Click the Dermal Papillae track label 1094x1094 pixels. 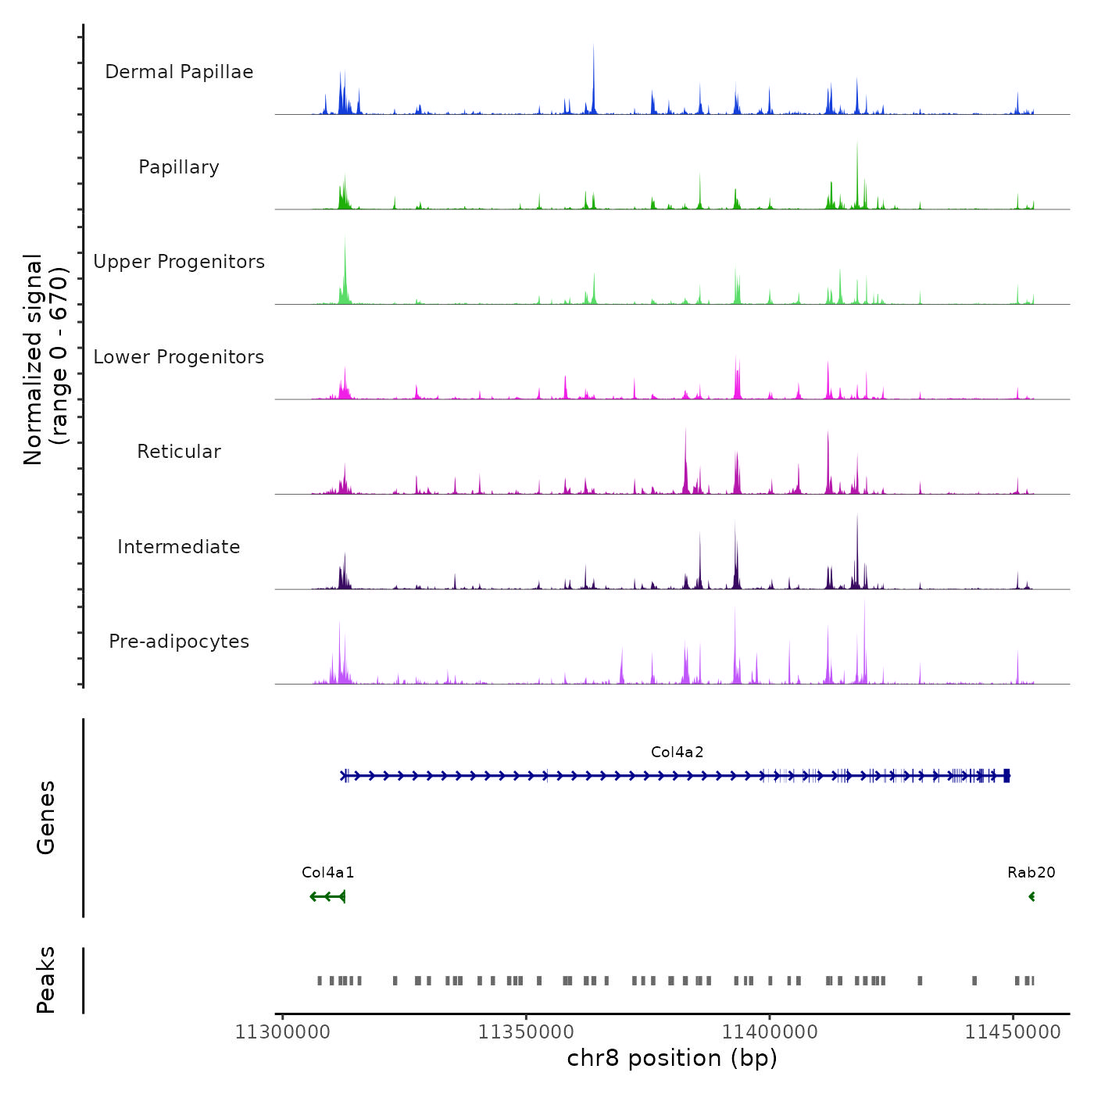[x=179, y=72]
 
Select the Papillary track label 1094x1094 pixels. [x=179, y=167]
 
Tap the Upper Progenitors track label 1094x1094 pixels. [x=179, y=262]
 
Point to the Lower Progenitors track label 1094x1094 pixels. [x=179, y=357]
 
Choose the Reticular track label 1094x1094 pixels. [x=179, y=452]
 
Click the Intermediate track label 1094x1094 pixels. [x=179, y=547]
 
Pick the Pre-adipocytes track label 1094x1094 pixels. [x=179, y=642]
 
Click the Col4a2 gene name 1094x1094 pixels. [x=677, y=753]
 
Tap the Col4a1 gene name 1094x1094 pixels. [x=328, y=873]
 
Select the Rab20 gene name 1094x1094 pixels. [x=1031, y=873]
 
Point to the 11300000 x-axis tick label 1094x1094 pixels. [x=283, y=1032]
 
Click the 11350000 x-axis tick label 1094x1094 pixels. [x=526, y=1032]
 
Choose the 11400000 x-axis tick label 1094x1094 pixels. [x=770, y=1032]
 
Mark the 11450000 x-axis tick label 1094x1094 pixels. [x=1013, y=1032]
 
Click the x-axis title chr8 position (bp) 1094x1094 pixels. [x=672, y=1059]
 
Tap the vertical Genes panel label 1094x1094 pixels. [x=46, y=817]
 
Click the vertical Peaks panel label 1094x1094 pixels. [x=46, y=980]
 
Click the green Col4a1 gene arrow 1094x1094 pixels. [x=328, y=896]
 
